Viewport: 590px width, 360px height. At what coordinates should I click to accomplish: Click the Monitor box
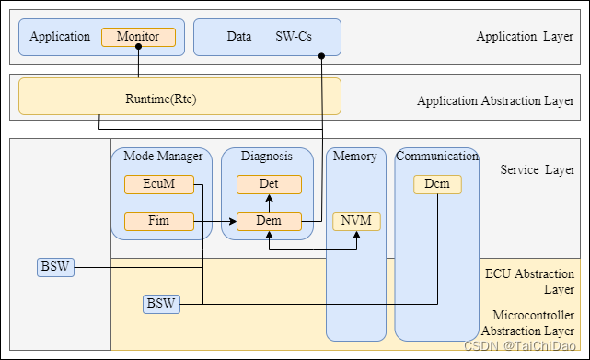[x=138, y=37]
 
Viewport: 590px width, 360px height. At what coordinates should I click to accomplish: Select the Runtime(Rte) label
[x=161, y=99]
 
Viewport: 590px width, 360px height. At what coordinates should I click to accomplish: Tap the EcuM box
[x=159, y=184]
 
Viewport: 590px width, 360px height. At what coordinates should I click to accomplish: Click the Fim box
[x=159, y=221]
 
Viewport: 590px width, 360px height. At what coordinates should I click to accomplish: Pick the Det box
[x=269, y=184]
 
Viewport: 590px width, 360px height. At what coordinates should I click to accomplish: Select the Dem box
[x=269, y=221]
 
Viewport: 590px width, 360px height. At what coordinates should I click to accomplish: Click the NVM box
[x=356, y=221]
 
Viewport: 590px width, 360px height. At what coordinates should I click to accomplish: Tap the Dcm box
[x=436, y=184]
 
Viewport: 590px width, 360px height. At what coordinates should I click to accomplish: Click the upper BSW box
[x=56, y=267]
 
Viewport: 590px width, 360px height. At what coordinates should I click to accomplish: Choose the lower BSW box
[x=161, y=303]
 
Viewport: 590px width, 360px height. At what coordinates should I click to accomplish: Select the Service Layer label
[x=537, y=170]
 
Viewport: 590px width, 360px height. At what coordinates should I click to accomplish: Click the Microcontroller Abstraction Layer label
[x=528, y=324]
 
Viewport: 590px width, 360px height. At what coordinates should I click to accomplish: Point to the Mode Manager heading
[x=161, y=157]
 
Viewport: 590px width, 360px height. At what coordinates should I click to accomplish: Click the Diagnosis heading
[x=267, y=157]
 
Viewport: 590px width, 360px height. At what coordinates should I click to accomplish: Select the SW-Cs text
[x=295, y=37]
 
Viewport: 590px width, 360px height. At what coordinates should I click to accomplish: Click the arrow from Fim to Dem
[x=215, y=221]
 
